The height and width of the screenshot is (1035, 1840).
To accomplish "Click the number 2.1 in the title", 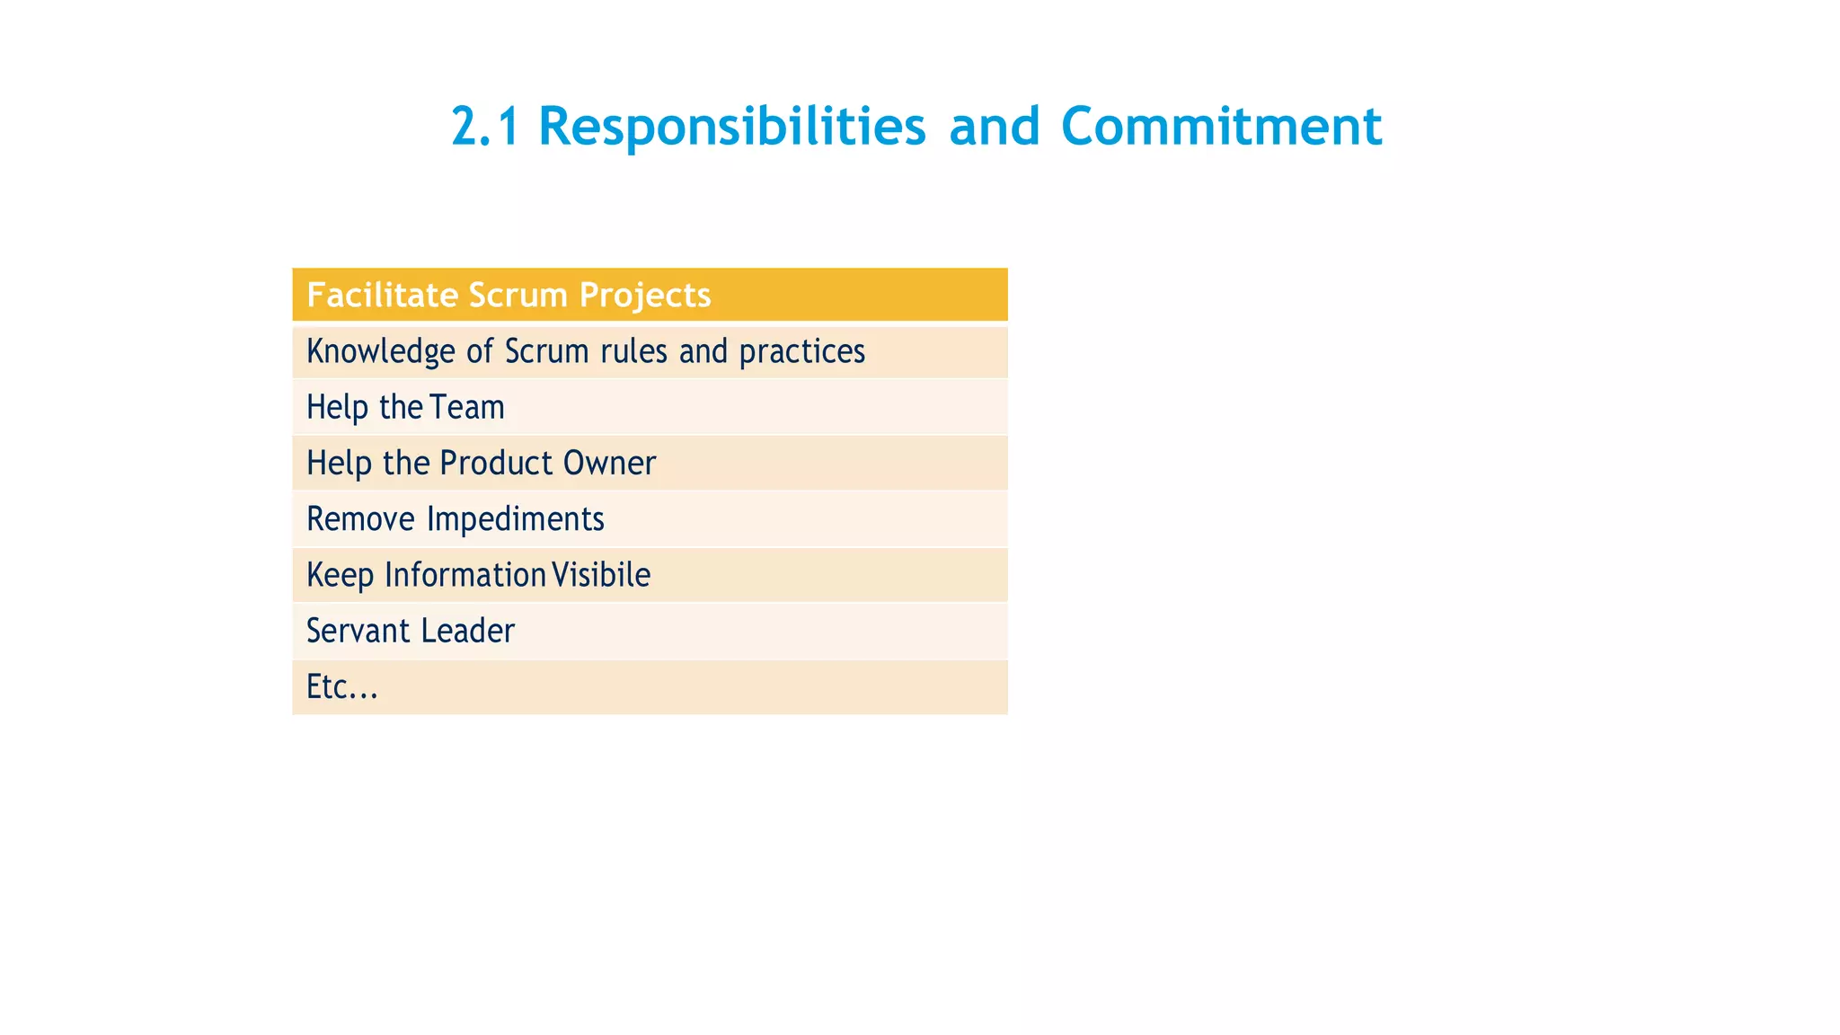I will click(485, 126).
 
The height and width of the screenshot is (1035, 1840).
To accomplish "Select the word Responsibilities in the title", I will click(731, 126).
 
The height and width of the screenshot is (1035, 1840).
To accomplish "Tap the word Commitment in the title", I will click(1221, 126).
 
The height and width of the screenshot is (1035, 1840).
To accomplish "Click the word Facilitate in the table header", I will click(382, 295).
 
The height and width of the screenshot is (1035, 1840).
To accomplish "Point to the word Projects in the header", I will click(645, 295).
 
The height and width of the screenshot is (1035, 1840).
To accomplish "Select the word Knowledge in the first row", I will click(381, 351).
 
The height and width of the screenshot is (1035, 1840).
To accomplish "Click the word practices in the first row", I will click(801, 351).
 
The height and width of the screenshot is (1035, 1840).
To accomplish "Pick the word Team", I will click(467, 407).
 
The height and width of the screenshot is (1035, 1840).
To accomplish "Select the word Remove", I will click(360, 519).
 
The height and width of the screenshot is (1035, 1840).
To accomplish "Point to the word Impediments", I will click(515, 519).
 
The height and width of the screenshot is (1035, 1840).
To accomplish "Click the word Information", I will click(465, 575).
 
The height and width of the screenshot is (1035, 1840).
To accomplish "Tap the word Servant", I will click(358, 631).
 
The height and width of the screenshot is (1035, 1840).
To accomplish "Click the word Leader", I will click(467, 631).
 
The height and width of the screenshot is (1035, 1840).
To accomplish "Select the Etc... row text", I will click(342, 687).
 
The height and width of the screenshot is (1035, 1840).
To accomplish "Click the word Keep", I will click(340, 575).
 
